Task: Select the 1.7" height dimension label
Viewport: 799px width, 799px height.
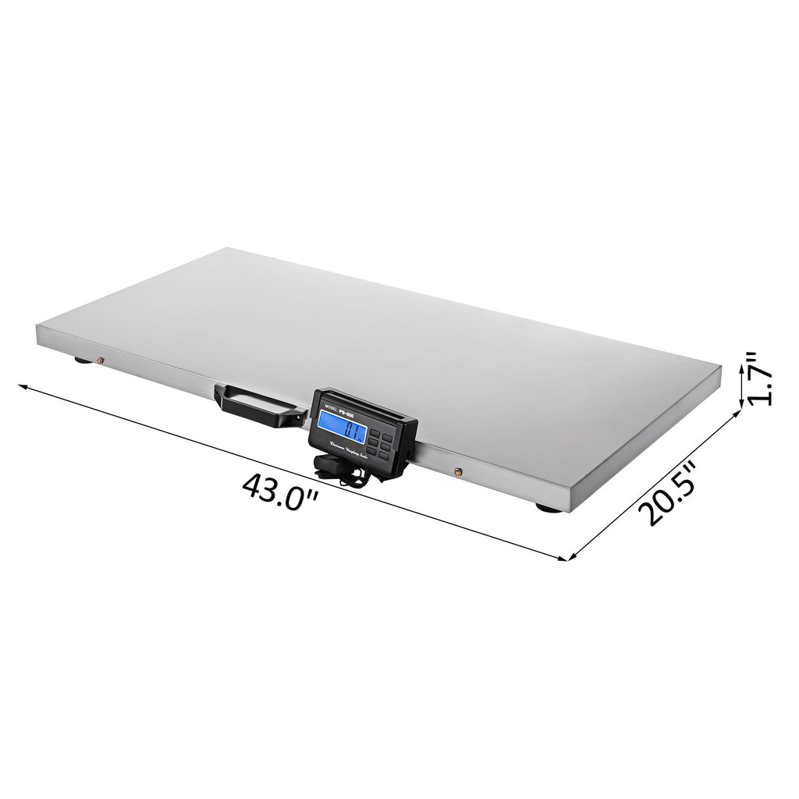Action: tap(759, 378)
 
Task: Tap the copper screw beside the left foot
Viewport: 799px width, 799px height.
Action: tap(99, 360)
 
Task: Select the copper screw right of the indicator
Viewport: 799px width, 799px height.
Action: tap(458, 471)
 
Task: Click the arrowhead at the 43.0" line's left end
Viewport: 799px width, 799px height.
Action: tap(23, 386)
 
